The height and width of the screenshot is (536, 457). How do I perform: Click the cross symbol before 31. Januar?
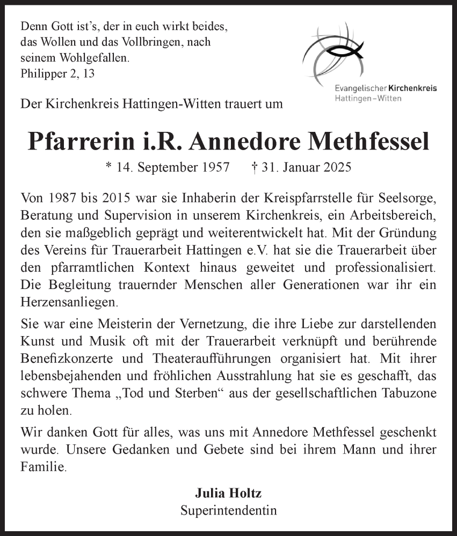(x=255, y=167)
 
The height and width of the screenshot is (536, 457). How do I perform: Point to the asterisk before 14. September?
(x=109, y=167)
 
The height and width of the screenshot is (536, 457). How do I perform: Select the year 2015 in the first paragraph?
(x=119, y=198)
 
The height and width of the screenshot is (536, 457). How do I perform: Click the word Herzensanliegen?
(x=67, y=302)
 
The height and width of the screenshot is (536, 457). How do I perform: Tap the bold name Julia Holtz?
(x=229, y=493)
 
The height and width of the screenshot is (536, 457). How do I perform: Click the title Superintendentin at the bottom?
(x=229, y=510)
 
